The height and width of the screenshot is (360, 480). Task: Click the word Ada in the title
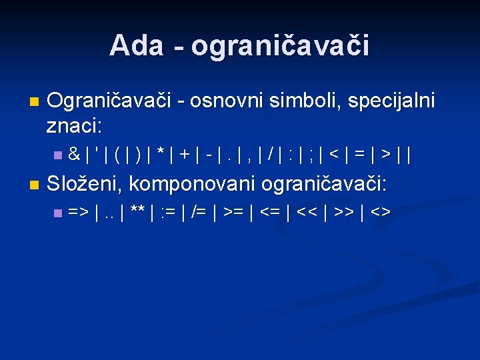136,45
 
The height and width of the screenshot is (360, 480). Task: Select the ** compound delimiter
138,213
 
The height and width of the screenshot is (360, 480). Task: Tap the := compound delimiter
170,213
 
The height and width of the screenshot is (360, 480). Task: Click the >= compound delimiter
234,213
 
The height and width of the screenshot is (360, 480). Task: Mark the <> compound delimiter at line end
380,213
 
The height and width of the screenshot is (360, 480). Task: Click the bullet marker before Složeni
34,183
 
